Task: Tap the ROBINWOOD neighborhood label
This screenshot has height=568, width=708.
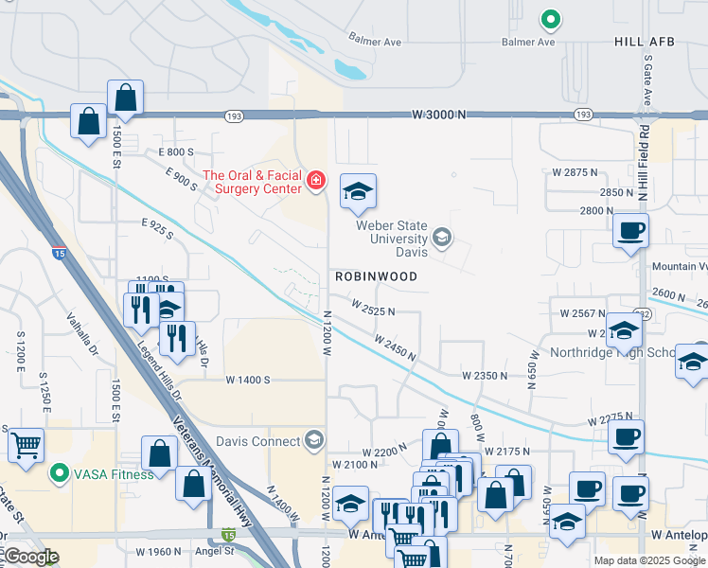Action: (x=376, y=276)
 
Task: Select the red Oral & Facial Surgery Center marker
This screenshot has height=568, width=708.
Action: (x=314, y=179)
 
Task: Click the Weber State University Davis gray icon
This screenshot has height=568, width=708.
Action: (x=441, y=237)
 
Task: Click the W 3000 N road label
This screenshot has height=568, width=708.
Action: (x=440, y=115)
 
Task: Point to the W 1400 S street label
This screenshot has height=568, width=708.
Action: (x=248, y=380)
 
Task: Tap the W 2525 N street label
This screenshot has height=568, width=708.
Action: (x=372, y=309)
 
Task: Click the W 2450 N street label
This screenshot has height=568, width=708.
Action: (x=395, y=347)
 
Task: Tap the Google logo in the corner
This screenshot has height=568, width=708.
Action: (x=31, y=558)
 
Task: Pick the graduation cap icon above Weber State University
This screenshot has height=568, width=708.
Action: (x=358, y=191)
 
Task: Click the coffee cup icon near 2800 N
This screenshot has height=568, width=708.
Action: (x=630, y=229)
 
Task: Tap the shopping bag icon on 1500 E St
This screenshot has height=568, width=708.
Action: (x=125, y=96)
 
